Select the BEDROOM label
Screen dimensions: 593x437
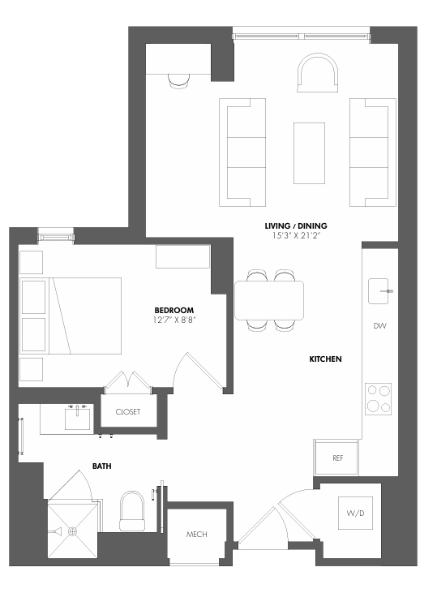[x=174, y=310]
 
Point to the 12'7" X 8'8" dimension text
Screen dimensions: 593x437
[x=174, y=320]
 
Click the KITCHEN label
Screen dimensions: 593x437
[x=324, y=358]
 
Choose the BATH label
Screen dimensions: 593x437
[x=101, y=466]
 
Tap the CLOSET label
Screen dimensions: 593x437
[x=127, y=412]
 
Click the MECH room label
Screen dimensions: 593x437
[x=197, y=535]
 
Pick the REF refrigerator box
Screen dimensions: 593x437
[x=338, y=458]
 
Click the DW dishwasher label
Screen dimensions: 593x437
[x=379, y=326]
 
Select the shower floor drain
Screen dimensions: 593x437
[x=72, y=531]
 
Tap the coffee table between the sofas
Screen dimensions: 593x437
[x=308, y=153]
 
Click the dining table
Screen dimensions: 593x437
[x=269, y=299]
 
